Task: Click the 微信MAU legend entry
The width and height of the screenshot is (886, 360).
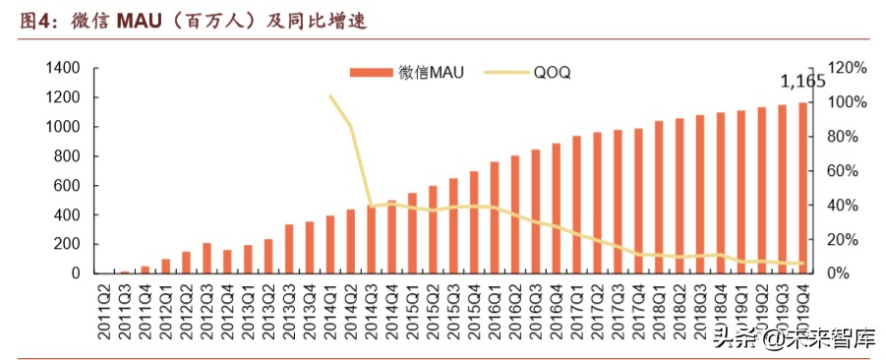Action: click(407, 72)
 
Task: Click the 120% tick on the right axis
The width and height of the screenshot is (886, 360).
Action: click(847, 68)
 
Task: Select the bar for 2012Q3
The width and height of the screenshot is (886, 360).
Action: click(207, 259)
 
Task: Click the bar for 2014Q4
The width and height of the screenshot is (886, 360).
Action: click(392, 237)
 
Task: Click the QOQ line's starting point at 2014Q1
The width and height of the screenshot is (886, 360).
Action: click(330, 96)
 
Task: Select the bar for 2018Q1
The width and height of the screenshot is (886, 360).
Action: click(659, 198)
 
